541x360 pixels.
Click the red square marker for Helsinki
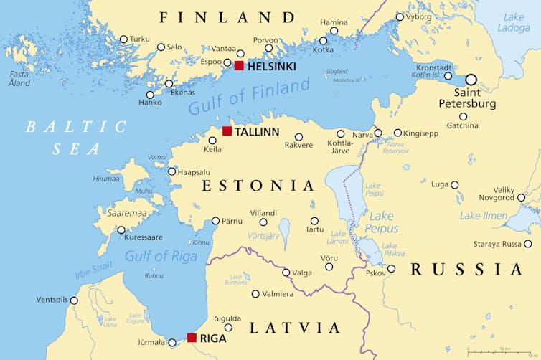coord(239,66)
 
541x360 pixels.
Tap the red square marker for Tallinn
coord(227,131)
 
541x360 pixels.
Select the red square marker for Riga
coord(192,337)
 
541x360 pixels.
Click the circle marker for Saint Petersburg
coord(471,80)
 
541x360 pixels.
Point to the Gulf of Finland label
coord(249,96)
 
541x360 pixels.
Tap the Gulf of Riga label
coord(156,255)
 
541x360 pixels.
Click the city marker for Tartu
coord(314,221)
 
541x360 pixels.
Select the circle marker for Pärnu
coord(215,221)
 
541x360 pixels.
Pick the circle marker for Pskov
coord(391,269)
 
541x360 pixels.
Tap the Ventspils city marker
coord(74,300)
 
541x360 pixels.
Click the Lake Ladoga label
coord(514,22)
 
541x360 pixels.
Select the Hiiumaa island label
coord(107,179)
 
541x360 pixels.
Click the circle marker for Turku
coord(123,39)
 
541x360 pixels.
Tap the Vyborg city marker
coord(400,17)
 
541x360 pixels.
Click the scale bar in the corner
coord(501,352)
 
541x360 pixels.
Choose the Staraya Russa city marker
coord(527,244)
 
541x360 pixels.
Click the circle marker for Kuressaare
coord(121,230)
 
